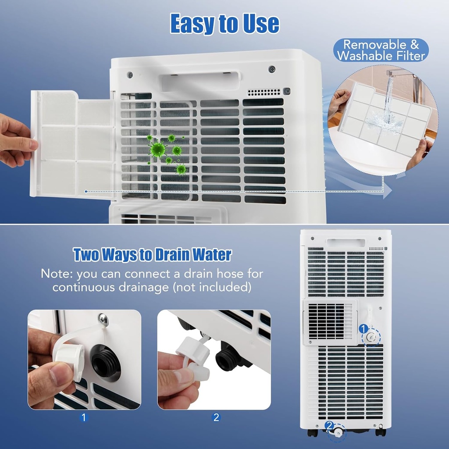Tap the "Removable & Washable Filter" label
(x=381, y=50)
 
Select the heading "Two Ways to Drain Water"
(x=152, y=254)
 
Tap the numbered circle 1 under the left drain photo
(x=84, y=417)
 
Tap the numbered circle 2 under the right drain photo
(x=216, y=417)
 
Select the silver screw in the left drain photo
(x=103, y=319)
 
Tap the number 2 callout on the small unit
(x=330, y=425)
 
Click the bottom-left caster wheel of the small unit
(x=312, y=432)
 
